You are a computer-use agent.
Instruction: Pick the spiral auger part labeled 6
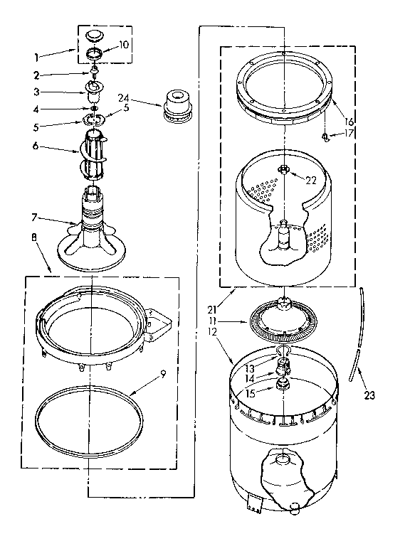[94, 153]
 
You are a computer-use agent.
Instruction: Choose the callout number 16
[348, 122]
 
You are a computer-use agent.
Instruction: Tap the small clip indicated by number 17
[324, 135]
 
